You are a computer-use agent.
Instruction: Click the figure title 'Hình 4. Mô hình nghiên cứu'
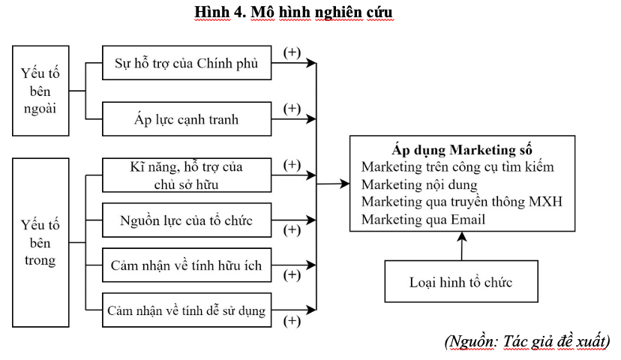click(x=293, y=12)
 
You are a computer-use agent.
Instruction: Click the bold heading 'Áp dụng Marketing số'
click(x=462, y=150)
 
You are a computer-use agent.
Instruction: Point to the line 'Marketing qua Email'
click(x=423, y=220)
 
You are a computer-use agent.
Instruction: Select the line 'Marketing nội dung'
click(x=419, y=185)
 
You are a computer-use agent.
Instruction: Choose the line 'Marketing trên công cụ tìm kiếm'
click(x=457, y=167)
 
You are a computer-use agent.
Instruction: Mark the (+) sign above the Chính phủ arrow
click(x=292, y=52)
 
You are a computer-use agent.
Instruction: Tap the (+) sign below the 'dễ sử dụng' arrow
click(x=292, y=321)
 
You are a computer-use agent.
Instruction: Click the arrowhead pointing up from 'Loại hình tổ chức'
click(x=462, y=236)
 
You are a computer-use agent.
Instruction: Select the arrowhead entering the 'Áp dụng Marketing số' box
click(x=345, y=183)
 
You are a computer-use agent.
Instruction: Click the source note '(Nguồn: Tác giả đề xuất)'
click(x=527, y=342)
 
